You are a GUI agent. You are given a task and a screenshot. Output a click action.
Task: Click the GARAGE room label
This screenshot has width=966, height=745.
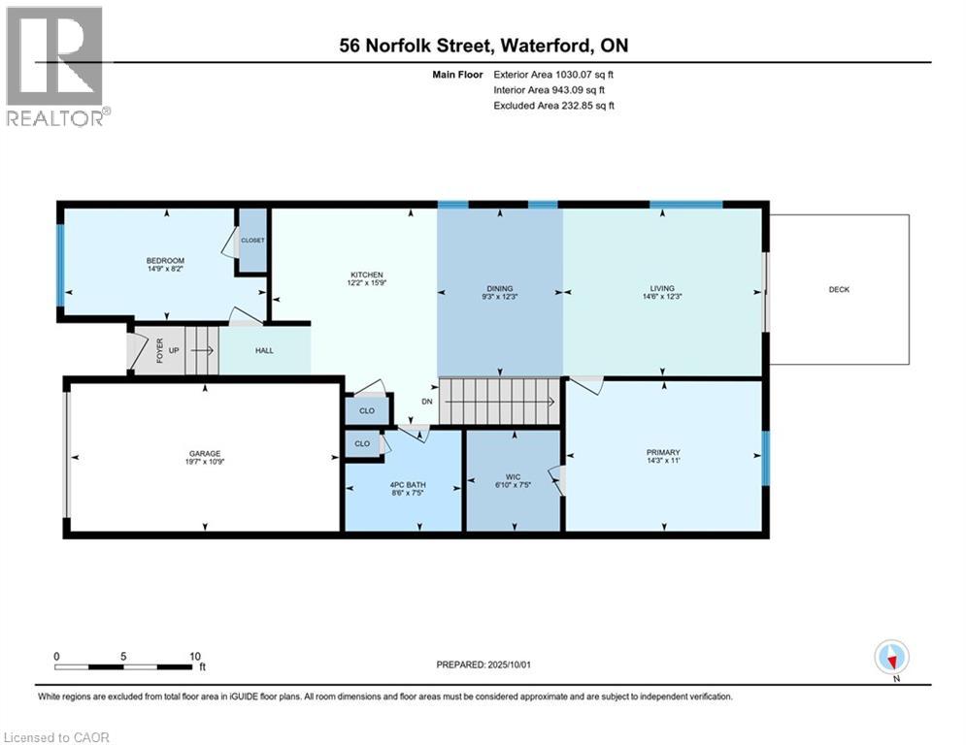click(205, 453)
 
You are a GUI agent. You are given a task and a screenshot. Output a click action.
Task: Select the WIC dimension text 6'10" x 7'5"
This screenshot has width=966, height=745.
click(514, 484)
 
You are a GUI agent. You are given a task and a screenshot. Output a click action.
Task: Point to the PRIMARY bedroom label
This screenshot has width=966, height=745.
click(663, 452)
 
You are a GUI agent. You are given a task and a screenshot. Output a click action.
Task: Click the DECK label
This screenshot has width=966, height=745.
click(839, 289)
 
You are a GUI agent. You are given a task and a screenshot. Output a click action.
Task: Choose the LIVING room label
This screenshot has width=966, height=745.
click(662, 288)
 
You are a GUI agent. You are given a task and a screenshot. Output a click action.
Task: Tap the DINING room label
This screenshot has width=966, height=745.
click(499, 288)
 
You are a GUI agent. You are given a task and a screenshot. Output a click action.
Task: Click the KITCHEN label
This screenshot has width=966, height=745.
click(367, 275)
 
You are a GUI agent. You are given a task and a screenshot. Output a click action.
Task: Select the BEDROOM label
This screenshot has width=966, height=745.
click(165, 260)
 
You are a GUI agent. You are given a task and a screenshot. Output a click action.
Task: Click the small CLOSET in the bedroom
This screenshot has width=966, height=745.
click(252, 240)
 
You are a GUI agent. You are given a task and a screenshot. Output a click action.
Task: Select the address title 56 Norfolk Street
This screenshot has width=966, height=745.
click(483, 46)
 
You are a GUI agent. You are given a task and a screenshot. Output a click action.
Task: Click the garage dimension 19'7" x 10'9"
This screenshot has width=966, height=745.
click(205, 463)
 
